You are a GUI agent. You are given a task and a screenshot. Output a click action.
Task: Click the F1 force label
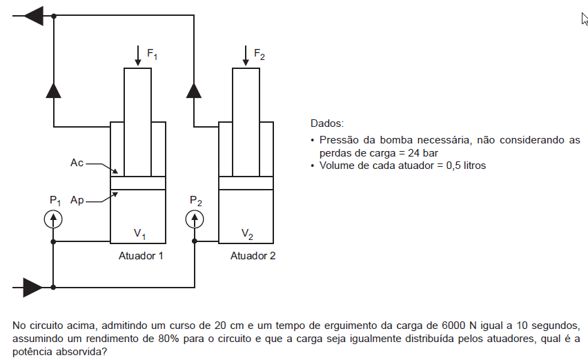(x=152, y=54)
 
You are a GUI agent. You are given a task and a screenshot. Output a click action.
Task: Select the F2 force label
(x=259, y=54)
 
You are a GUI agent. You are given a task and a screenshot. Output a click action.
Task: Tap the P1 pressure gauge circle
(x=53, y=219)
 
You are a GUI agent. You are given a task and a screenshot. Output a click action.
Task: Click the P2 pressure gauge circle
(x=195, y=219)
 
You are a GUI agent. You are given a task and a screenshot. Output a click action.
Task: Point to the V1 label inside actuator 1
(x=139, y=234)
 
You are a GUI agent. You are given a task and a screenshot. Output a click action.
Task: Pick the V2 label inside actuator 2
(x=247, y=234)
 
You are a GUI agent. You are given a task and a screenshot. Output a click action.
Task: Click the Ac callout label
(x=77, y=163)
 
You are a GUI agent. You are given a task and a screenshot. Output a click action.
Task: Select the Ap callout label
(x=77, y=201)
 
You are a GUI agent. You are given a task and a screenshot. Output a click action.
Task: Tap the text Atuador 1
(x=141, y=256)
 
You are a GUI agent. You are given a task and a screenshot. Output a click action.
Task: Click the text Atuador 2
(x=253, y=256)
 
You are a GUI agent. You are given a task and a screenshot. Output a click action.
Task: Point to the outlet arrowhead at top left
(x=34, y=16)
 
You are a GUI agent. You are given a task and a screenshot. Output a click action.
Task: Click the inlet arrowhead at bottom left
(x=33, y=288)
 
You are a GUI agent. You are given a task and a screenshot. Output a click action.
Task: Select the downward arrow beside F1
(x=138, y=56)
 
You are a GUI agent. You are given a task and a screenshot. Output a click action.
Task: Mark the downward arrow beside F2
(x=246, y=56)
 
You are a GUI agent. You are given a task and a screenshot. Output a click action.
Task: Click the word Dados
(x=327, y=123)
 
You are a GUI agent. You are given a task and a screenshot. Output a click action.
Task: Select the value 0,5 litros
(x=466, y=166)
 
